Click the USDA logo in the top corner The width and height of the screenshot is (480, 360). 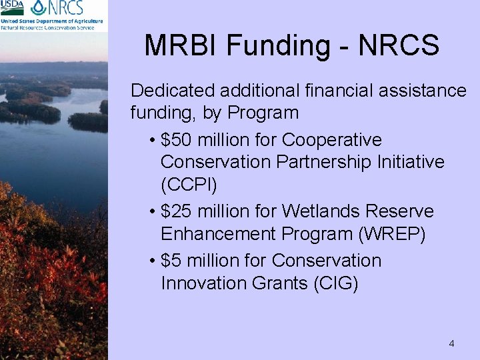pos(13,7)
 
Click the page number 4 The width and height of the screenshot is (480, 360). pos(451,344)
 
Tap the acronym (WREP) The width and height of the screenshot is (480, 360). pos(395,234)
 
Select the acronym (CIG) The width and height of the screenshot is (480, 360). pos(335,283)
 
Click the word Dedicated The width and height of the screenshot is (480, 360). pos(173,90)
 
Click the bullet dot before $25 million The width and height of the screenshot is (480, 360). pos(153,213)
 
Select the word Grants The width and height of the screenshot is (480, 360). pos(279,283)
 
